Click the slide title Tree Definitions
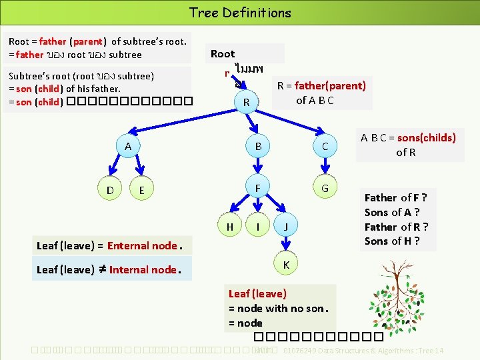[x=240, y=12]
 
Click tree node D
[x=109, y=191]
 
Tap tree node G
[x=325, y=188]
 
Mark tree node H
[x=229, y=227]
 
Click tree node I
[x=257, y=227]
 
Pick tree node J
[x=285, y=227]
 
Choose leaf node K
[x=285, y=265]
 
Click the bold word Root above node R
[x=223, y=54]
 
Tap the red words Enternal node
[x=142, y=245]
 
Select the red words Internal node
[x=143, y=269]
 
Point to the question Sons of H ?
[x=392, y=241]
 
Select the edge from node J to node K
[x=285, y=246]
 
